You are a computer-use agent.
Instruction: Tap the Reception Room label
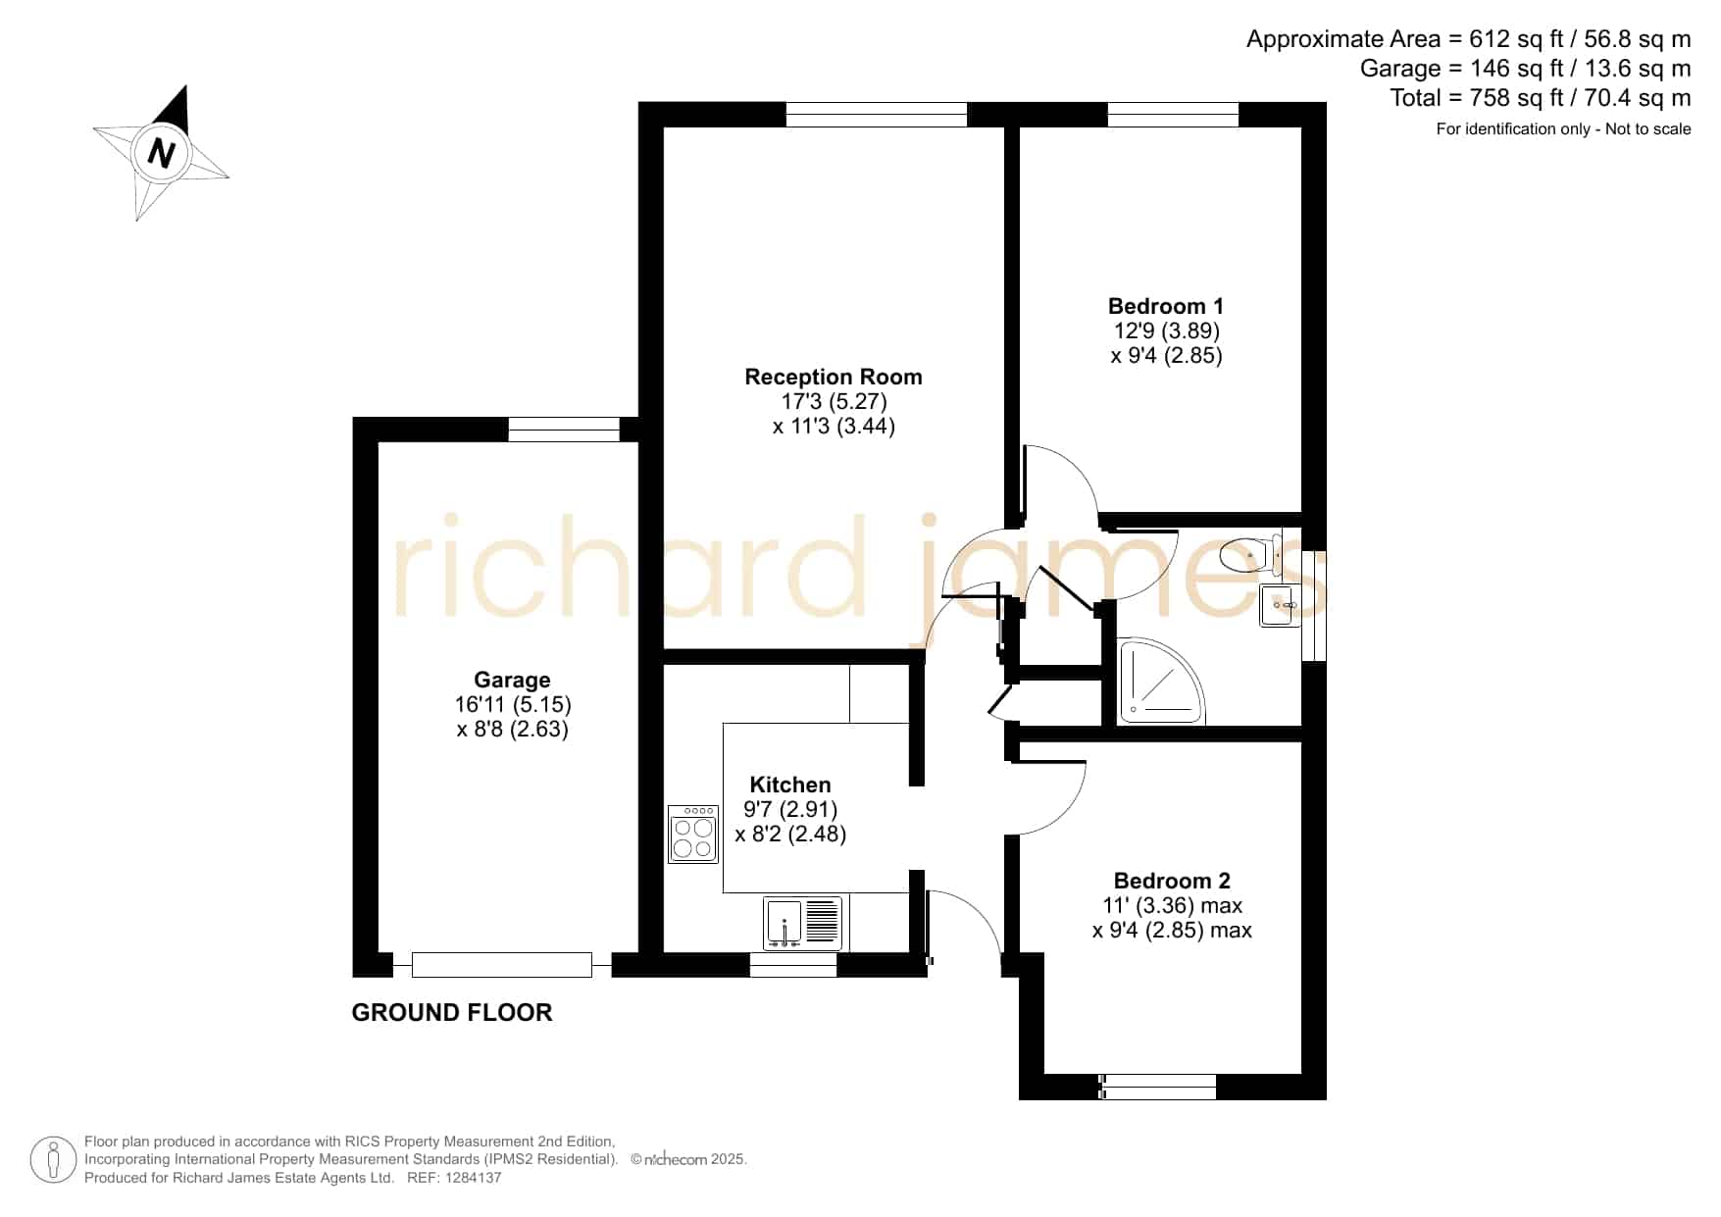(x=834, y=377)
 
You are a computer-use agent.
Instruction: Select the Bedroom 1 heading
(x=1166, y=306)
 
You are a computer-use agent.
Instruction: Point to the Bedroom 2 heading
(x=1172, y=881)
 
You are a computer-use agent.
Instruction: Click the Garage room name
(x=512, y=680)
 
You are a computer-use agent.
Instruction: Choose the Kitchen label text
(x=790, y=785)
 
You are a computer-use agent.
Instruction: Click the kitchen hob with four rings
(x=693, y=834)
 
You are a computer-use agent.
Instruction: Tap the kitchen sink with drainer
(x=803, y=923)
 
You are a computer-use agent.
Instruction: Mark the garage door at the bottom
(x=502, y=965)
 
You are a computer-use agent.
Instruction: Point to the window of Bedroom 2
(x=1158, y=1087)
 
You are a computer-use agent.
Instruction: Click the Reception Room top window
(x=877, y=115)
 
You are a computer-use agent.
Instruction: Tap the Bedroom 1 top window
(x=1173, y=115)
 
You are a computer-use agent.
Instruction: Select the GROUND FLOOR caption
(x=452, y=1012)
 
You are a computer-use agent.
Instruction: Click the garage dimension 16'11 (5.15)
(x=513, y=704)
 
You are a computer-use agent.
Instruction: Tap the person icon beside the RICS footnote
(x=53, y=1160)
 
